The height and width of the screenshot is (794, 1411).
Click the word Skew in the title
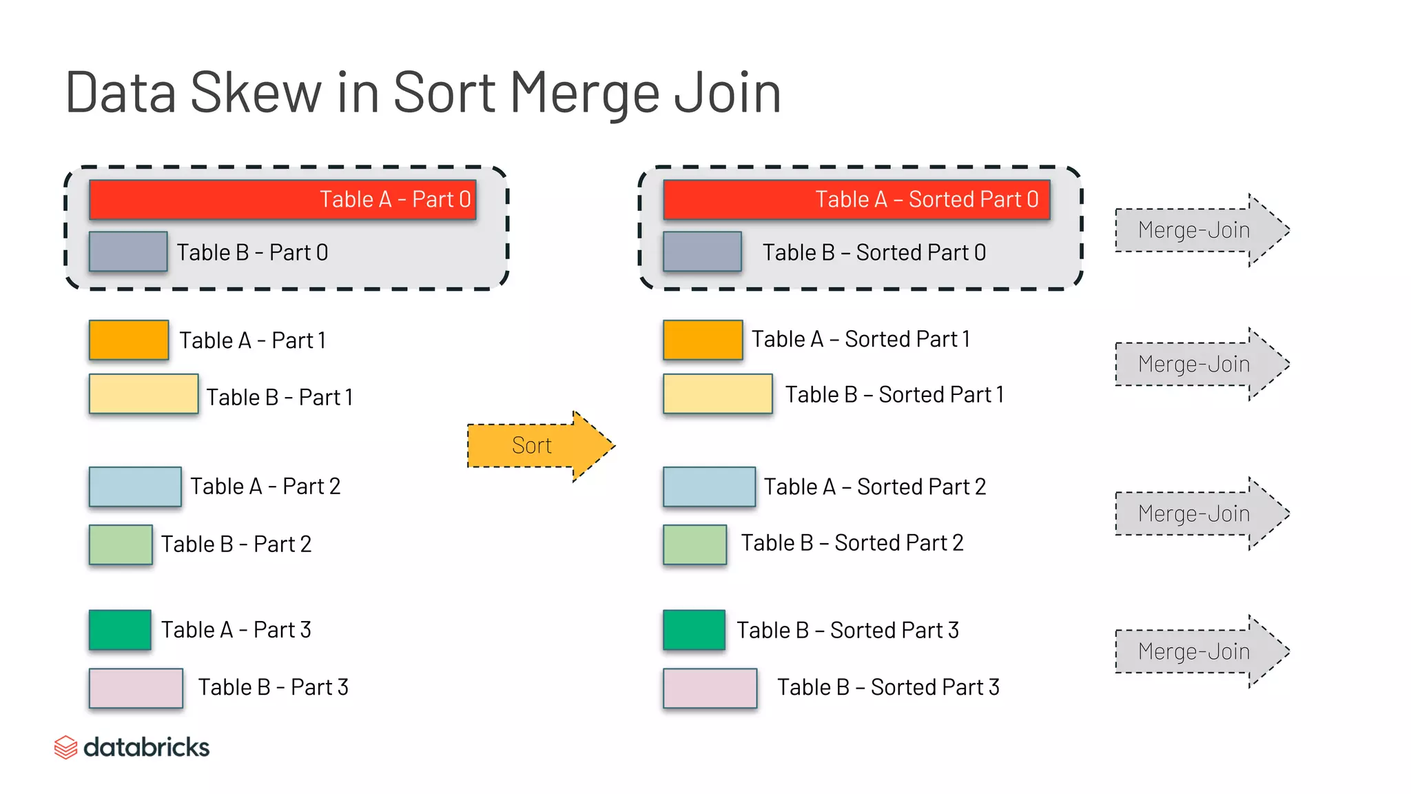(256, 93)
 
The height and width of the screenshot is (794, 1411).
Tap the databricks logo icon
(65, 747)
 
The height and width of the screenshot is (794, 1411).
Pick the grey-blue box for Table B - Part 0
(128, 252)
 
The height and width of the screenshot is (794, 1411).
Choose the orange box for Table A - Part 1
(129, 340)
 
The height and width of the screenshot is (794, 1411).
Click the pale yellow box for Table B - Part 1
(143, 394)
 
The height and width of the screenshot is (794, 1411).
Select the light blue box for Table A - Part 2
(135, 487)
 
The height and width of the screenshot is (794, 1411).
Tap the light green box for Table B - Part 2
(121, 544)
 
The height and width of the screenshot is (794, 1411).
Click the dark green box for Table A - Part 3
(120, 630)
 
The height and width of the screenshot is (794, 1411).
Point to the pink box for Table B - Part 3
(136, 688)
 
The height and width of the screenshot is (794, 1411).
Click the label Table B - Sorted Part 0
(874, 253)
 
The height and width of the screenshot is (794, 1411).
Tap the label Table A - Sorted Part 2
(874, 487)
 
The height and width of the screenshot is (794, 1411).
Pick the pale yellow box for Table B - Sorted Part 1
(717, 394)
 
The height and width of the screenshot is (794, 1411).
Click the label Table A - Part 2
(265, 487)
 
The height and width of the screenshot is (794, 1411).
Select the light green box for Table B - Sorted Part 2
(694, 544)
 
